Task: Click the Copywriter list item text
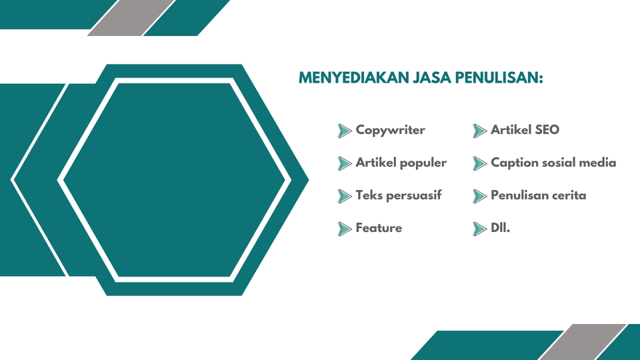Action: click(x=390, y=130)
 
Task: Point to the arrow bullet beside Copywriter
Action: click(x=345, y=131)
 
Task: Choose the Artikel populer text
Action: click(x=401, y=163)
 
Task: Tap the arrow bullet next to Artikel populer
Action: click(x=345, y=163)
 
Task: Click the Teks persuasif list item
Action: click(x=398, y=195)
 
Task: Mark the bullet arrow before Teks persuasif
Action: click(x=345, y=196)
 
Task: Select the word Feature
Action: click(x=379, y=228)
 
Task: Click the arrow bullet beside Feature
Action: click(x=345, y=229)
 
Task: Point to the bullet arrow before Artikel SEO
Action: click(x=479, y=131)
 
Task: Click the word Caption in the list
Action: click(x=513, y=163)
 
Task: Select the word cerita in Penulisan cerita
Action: click(x=567, y=195)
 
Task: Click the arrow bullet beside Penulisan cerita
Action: click(x=479, y=196)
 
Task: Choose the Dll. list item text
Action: click(x=500, y=228)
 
